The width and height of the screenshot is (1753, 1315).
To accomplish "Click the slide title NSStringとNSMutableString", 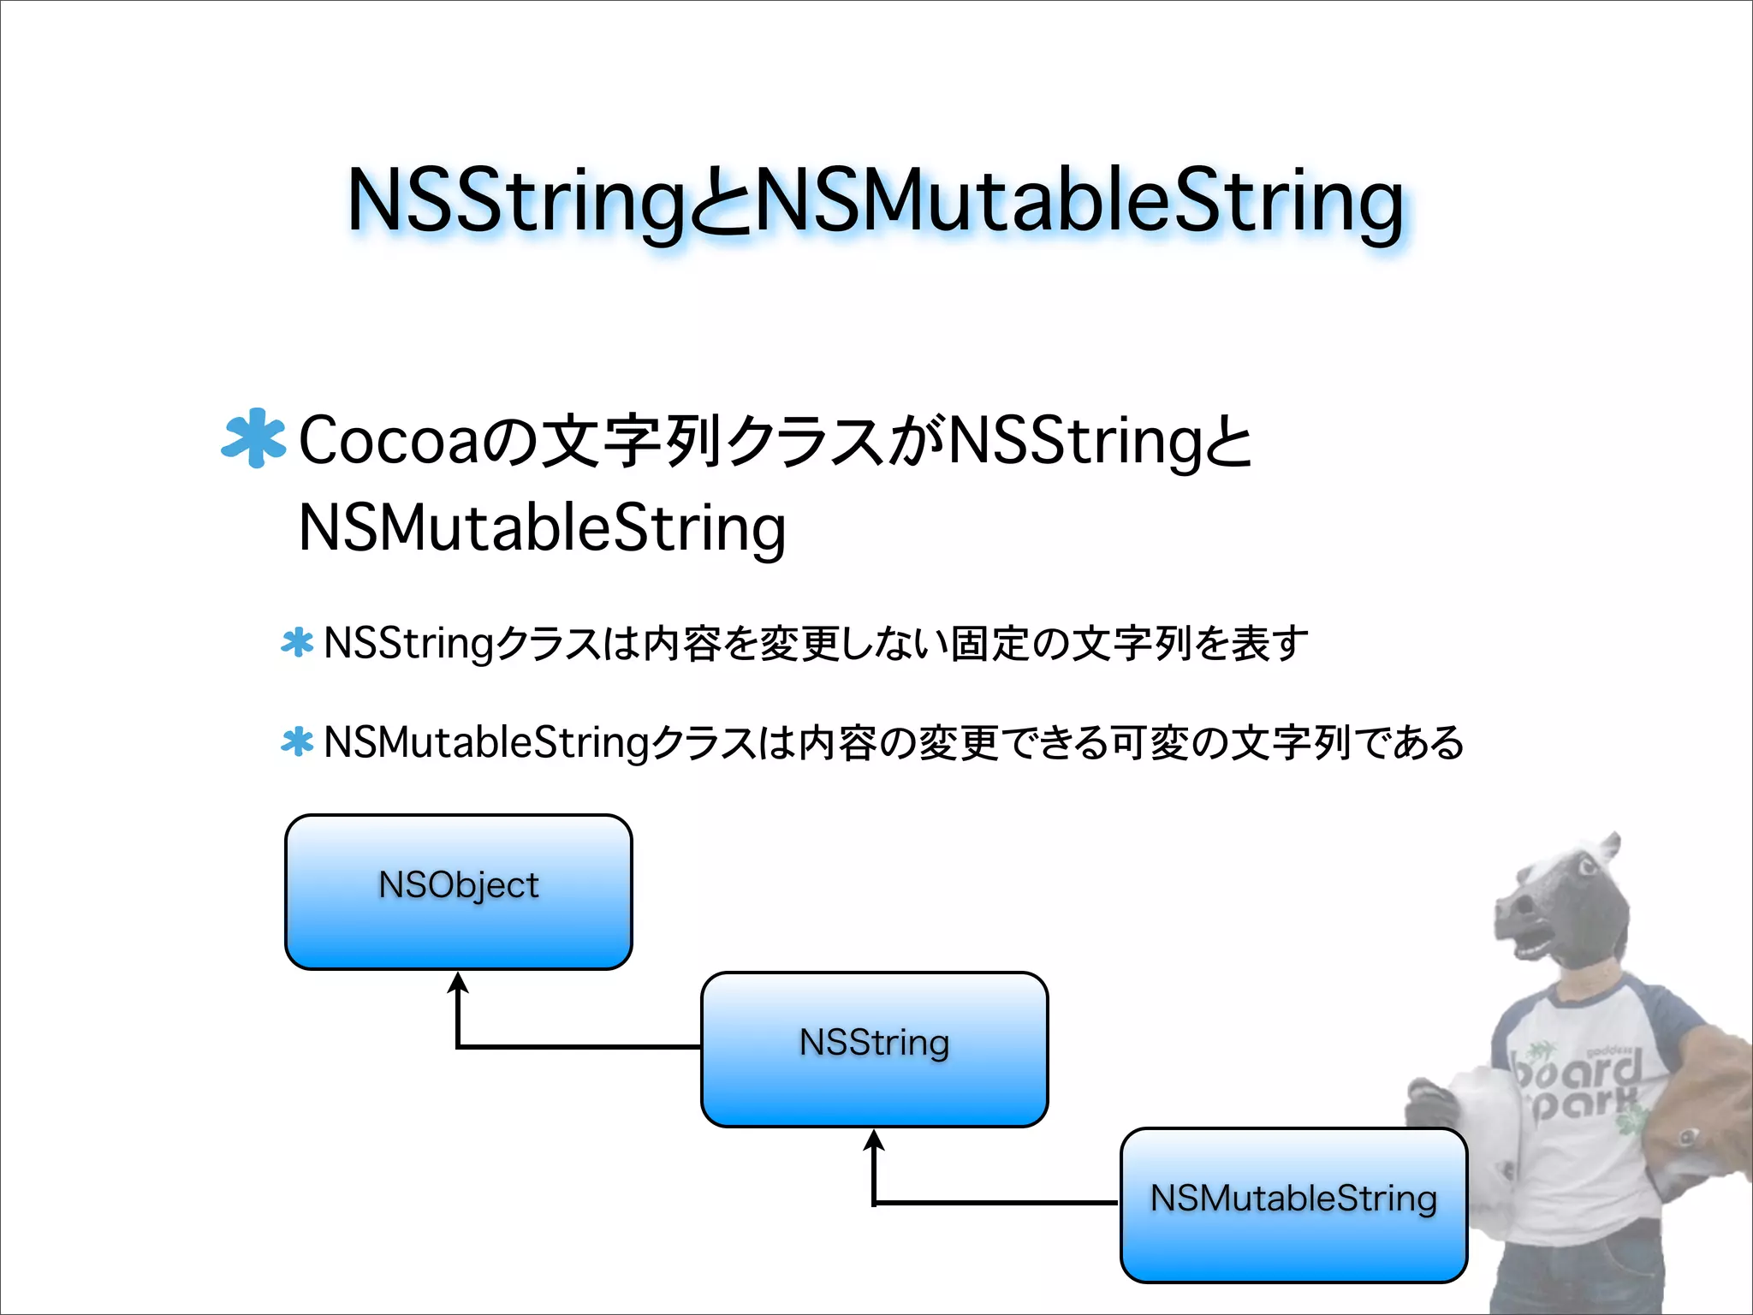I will click(875, 200).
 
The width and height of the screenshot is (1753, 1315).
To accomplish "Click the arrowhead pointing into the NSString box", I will click(874, 1139).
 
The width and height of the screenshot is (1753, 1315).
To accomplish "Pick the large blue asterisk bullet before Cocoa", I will click(253, 438).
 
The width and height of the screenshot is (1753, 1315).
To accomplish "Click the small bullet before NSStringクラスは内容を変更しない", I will click(297, 643).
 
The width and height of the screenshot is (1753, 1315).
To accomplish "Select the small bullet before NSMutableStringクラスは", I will click(297, 742).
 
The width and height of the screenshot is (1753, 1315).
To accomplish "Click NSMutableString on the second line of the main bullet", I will click(542, 528).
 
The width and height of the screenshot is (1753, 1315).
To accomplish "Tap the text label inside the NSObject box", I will click(459, 884).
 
